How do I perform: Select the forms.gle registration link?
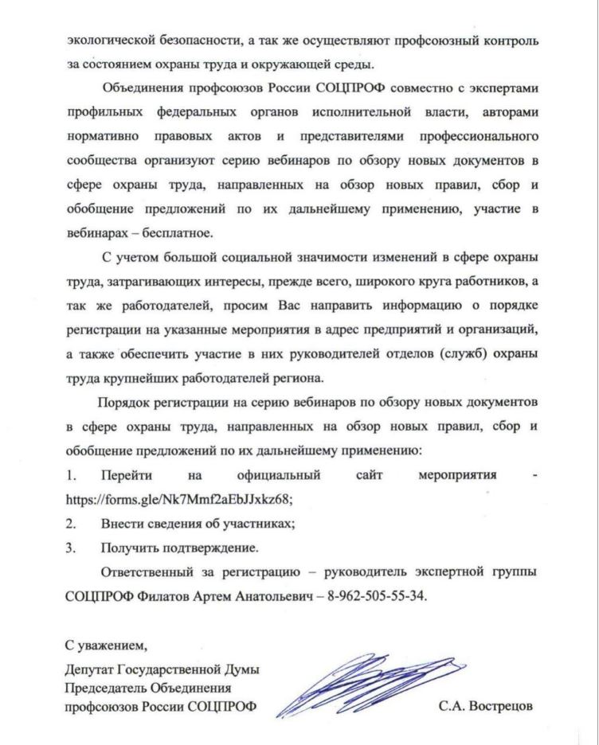[179, 499]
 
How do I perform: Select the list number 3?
[71, 548]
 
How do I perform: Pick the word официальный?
[279, 475]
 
